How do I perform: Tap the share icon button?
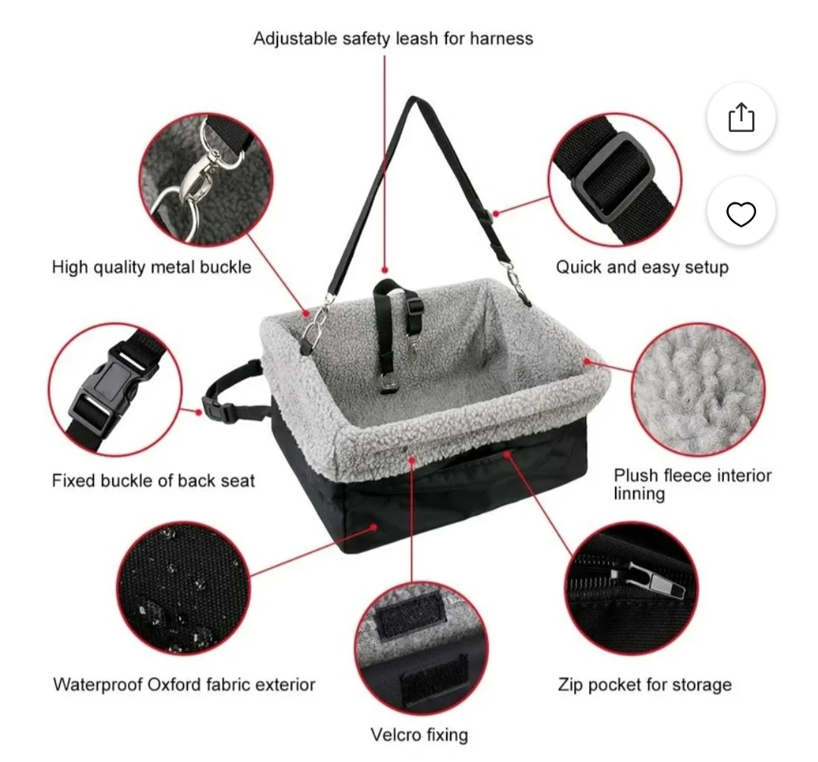click(x=742, y=117)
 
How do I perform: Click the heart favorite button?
click(x=742, y=214)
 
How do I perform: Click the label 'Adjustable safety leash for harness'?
click(x=393, y=39)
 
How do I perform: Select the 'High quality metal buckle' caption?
click(x=151, y=267)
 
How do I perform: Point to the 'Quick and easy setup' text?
click(x=642, y=267)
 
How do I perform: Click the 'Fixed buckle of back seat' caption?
click(x=153, y=480)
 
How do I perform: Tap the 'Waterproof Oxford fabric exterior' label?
click(x=184, y=684)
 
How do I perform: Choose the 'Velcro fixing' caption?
click(x=420, y=735)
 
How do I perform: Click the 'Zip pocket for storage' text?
click(x=645, y=684)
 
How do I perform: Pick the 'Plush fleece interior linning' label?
click(x=692, y=484)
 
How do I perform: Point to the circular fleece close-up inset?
click(x=698, y=389)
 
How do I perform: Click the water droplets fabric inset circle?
click(x=183, y=588)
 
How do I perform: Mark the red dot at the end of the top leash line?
click(x=385, y=270)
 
